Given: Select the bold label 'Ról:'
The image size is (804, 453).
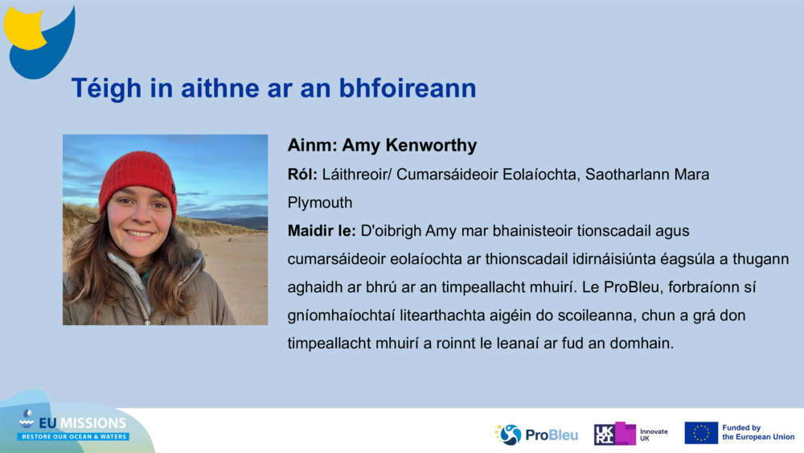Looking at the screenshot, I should click(x=303, y=175).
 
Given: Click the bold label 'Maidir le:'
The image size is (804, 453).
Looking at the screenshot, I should click(x=322, y=232).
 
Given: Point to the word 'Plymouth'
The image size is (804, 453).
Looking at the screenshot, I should click(x=320, y=203).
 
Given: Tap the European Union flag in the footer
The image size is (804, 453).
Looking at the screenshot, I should click(x=701, y=433).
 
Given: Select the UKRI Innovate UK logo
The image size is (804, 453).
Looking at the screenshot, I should click(x=630, y=433).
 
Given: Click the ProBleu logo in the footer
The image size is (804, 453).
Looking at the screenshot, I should click(x=536, y=434).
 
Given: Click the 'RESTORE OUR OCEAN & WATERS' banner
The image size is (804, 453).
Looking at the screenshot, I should click(x=73, y=436).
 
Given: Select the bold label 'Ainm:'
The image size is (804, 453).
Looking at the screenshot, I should click(x=312, y=146).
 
